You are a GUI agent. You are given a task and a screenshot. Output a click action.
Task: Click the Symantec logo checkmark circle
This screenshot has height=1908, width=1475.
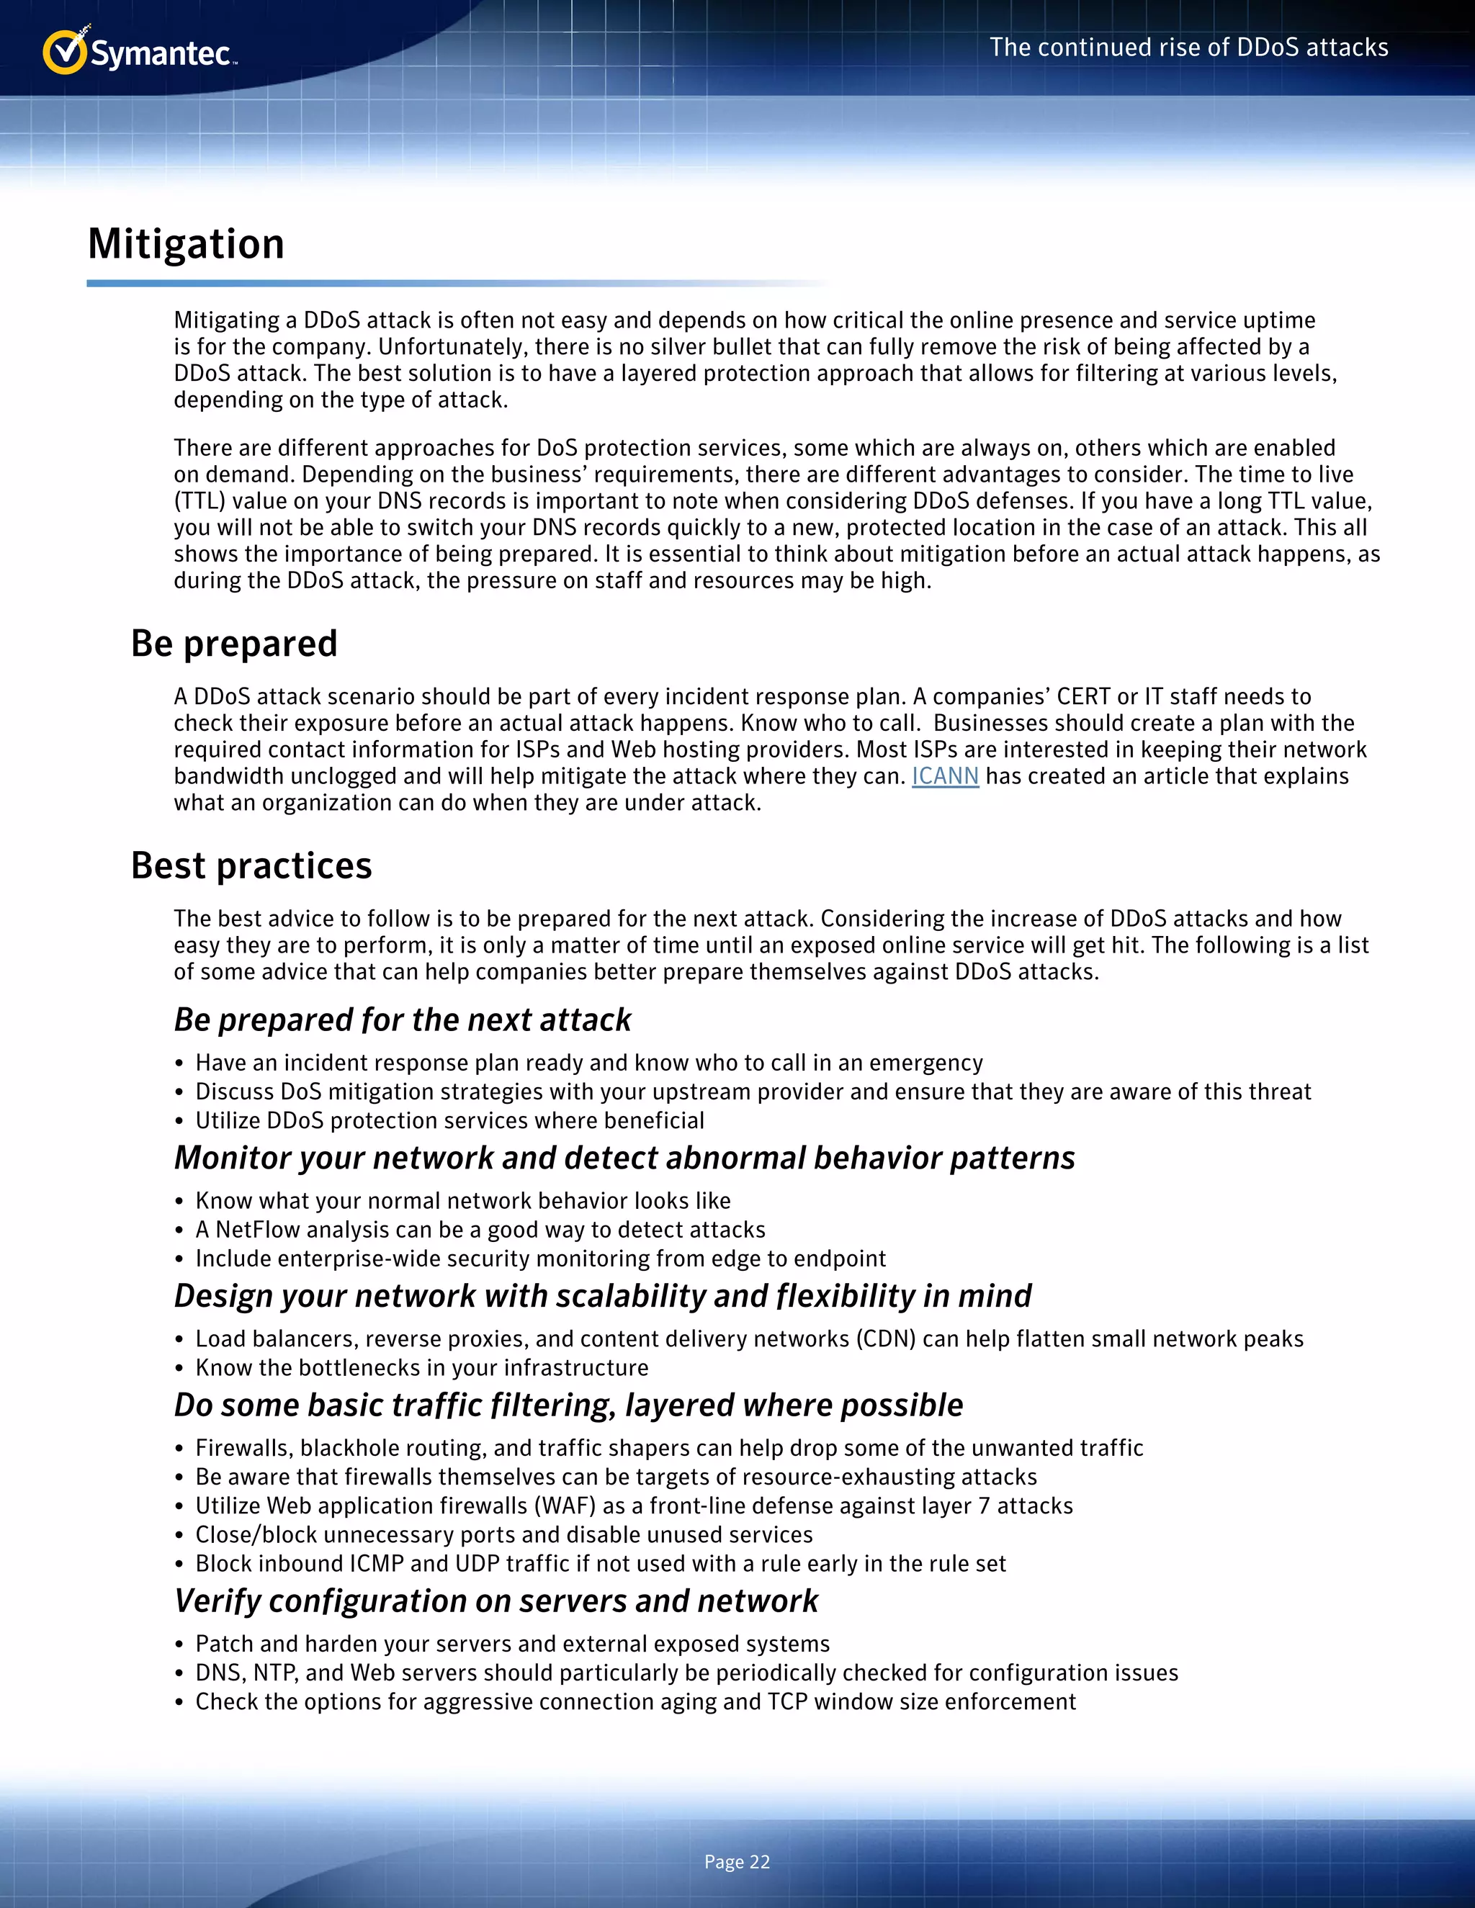(64, 53)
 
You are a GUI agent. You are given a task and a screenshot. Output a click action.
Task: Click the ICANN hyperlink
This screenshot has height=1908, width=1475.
(945, 777)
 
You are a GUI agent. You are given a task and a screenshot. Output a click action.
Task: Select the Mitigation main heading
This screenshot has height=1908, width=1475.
(186, 244)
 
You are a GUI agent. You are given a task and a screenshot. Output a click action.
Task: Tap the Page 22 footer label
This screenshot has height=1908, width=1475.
(737, 1862)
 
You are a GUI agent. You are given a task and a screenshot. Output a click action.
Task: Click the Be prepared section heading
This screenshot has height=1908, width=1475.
(234, 644)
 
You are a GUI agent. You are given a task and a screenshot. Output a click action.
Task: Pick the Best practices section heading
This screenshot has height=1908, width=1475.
(251, 865)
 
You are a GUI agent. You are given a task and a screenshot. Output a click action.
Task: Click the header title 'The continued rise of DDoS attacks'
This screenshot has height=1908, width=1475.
(1188, 48)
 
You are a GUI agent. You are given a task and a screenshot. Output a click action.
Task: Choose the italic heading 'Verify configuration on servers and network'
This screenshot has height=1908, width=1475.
(496, 1601)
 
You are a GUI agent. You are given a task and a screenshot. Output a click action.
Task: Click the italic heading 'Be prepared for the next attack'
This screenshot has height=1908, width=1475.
(402, 1020)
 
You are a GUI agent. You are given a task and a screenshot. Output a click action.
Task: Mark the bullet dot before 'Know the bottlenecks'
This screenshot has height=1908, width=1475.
(179, 1369)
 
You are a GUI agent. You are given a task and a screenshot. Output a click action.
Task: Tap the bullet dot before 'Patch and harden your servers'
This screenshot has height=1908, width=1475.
(179, 1645)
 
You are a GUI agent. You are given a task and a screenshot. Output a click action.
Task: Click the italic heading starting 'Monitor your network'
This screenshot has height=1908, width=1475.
(624, 1158)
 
